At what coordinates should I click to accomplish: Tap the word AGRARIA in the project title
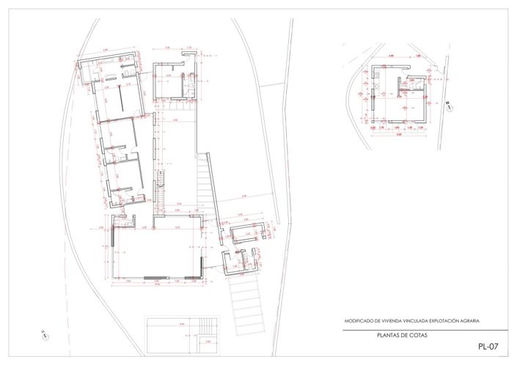(x=474, y=321)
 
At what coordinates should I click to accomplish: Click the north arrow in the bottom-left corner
(x=45, y=336)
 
